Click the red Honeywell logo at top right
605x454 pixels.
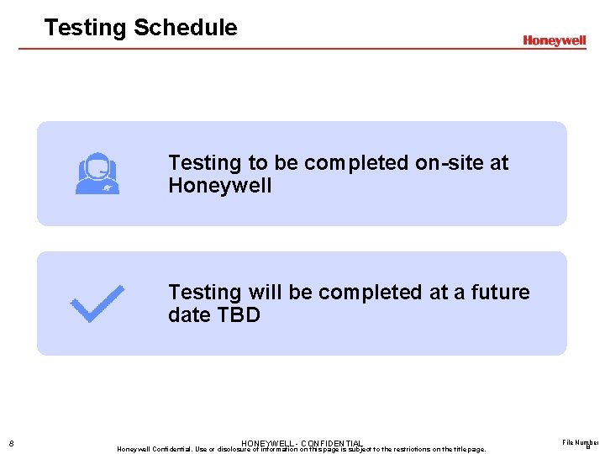click(x=554, y=40)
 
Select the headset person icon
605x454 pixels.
click(x=97, y=174)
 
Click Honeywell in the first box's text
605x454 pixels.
click(x=219, y=186)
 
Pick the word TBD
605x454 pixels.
click(x=238, y=315)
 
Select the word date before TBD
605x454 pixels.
click(x=190, y=315)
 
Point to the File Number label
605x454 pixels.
click(x=581, y=441)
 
